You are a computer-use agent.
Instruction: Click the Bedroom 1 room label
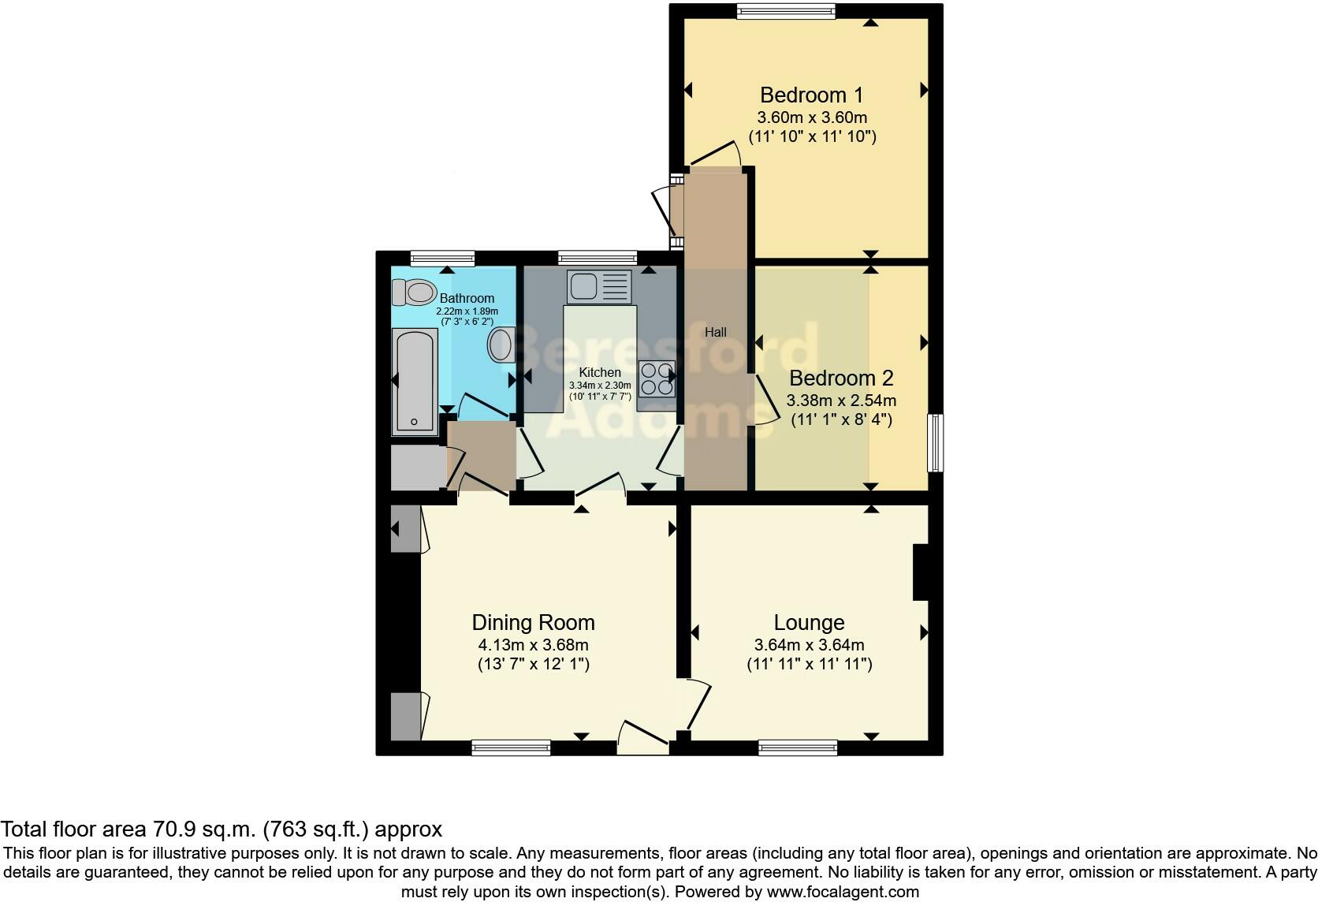811,95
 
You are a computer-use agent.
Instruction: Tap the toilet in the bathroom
415,293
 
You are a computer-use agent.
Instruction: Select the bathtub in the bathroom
415,382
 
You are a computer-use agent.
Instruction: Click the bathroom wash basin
501,345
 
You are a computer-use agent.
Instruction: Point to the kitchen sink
599,286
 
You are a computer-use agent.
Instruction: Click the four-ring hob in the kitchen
657,378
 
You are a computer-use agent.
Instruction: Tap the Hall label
715,333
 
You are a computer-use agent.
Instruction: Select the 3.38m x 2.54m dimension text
841,401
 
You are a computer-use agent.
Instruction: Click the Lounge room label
809,623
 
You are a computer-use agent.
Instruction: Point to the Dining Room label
533,623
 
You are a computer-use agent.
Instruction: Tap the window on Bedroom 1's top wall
786,10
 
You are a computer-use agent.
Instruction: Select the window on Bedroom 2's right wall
935,442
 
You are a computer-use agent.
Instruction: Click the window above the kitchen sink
597,257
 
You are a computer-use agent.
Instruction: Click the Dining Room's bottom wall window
511,747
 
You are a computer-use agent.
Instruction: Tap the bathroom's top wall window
442,257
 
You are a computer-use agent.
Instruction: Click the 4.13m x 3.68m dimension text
533,645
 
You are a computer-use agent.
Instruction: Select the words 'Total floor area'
73,829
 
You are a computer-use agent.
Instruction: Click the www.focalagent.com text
842,892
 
